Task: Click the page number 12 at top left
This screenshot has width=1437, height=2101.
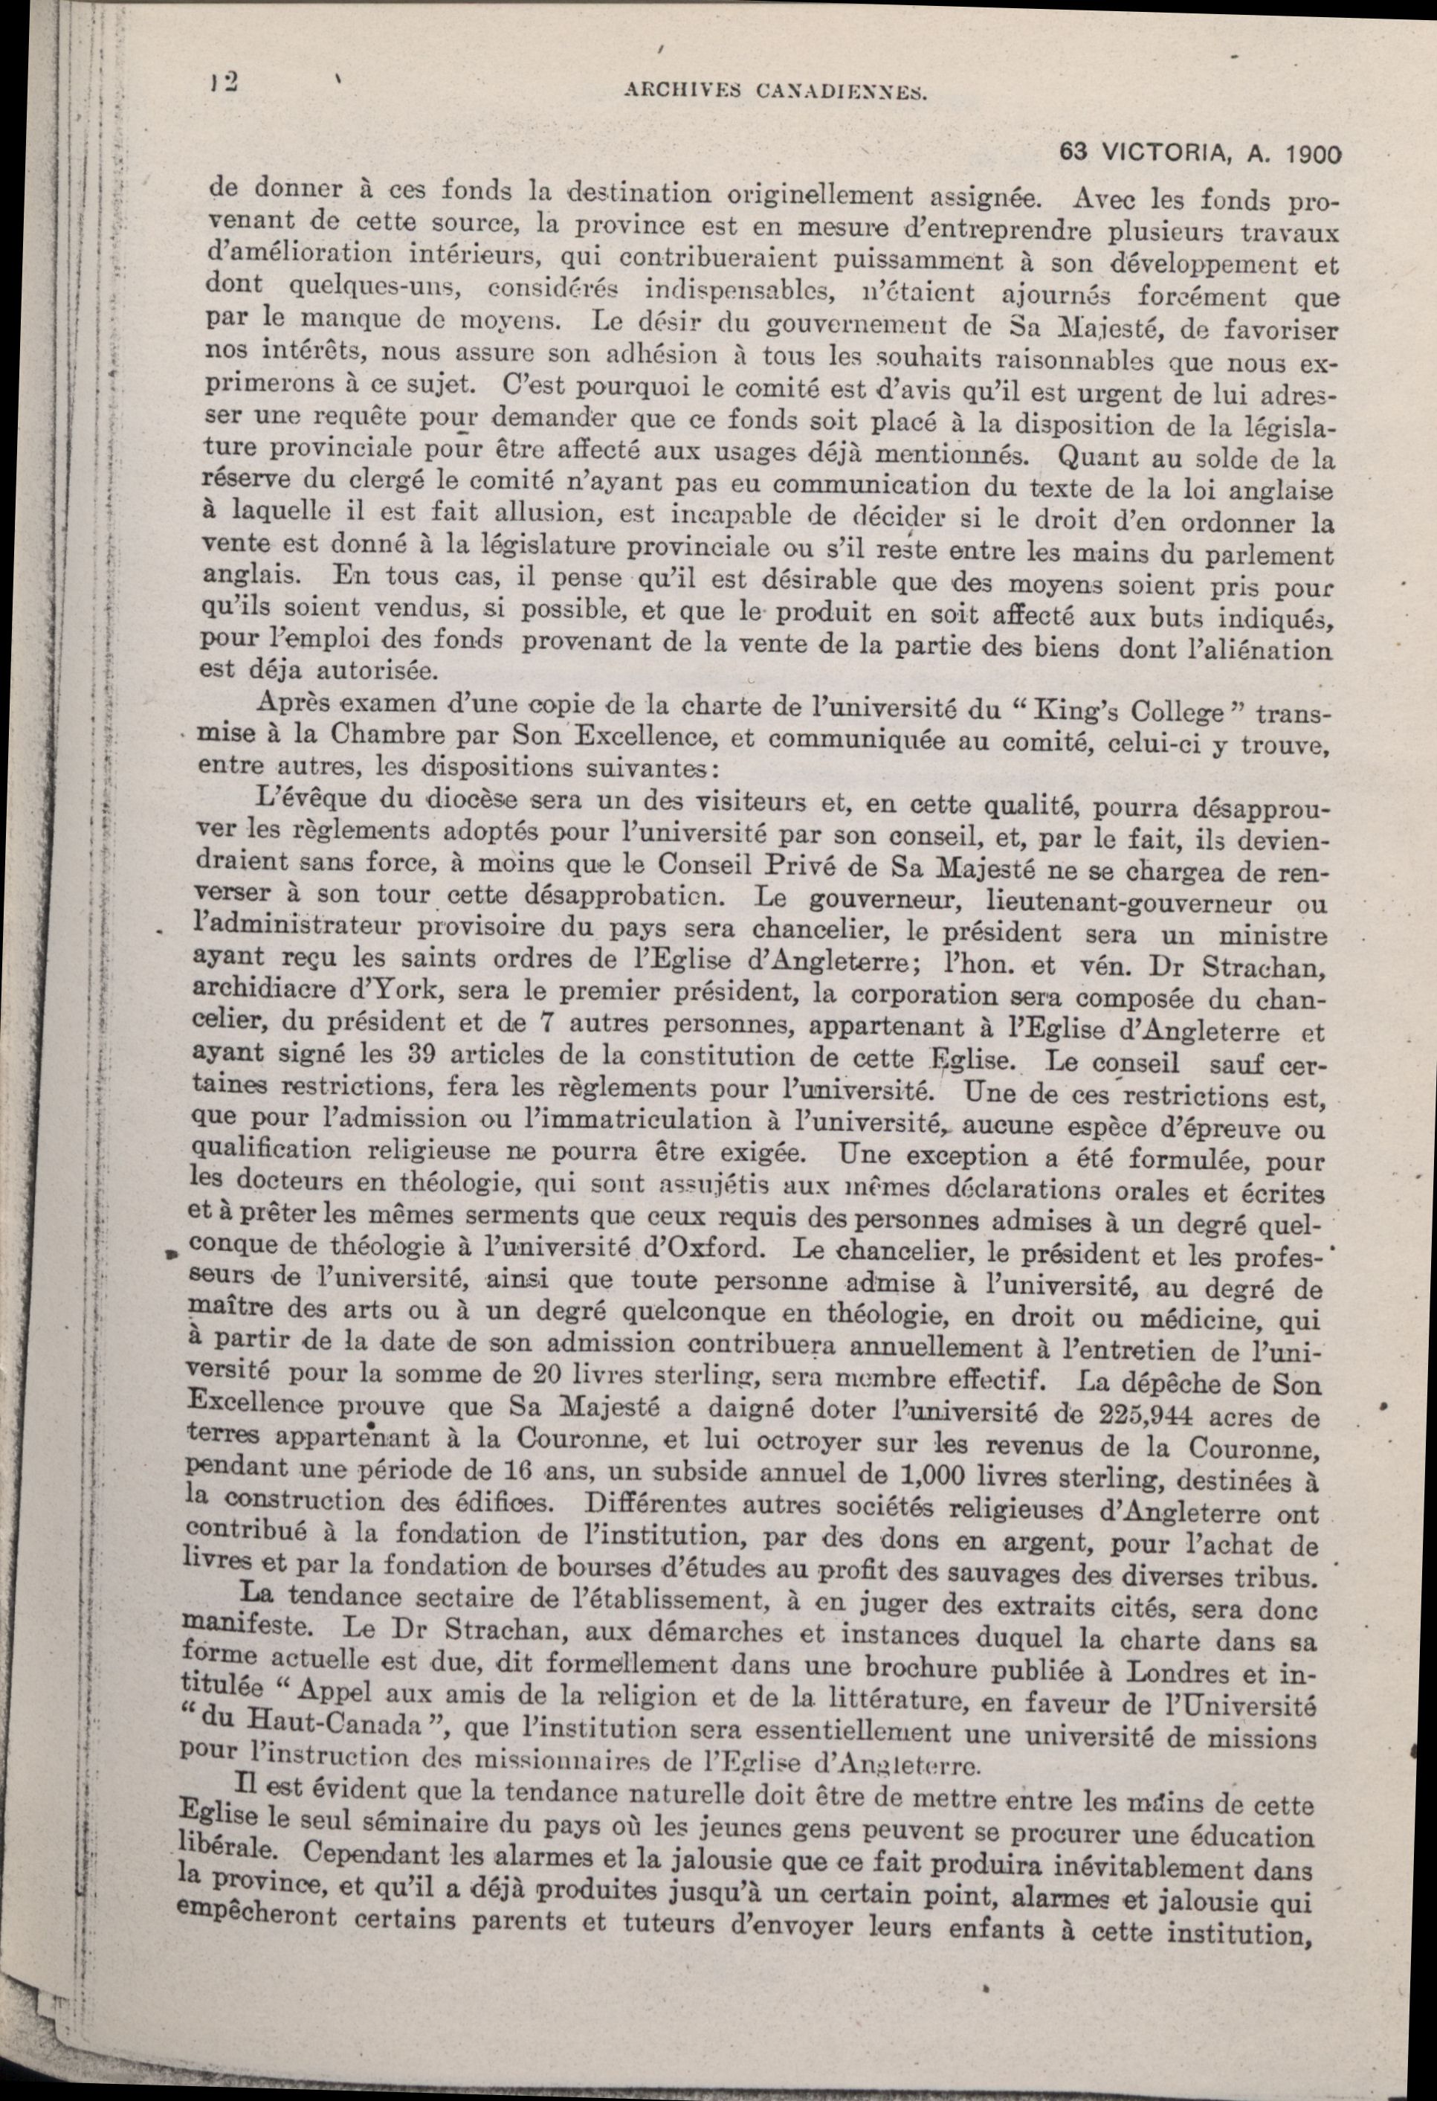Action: [224, 83]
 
